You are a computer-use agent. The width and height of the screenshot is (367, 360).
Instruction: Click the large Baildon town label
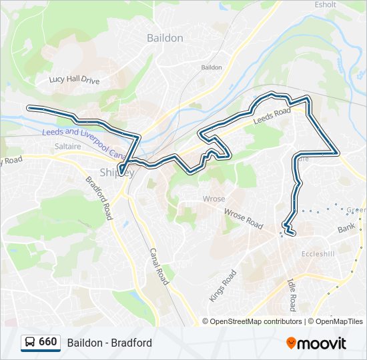tap(165, 38)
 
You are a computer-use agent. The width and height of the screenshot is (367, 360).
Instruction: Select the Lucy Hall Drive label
tap(74, 80)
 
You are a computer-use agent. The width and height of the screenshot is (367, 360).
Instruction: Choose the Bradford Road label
tap(98, 199)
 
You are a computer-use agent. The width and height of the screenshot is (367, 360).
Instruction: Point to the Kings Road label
tap(223, 285)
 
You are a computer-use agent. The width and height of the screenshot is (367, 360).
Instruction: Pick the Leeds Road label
tap(272, 117)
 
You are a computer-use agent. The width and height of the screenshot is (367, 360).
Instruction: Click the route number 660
tap(47, 342)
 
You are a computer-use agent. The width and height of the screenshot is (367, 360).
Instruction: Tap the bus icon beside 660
tap(30, 343)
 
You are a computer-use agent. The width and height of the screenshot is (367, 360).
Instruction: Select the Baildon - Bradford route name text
tap(109, 343)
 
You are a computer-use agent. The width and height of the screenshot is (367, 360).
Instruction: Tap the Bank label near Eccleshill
tap(346, 229)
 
